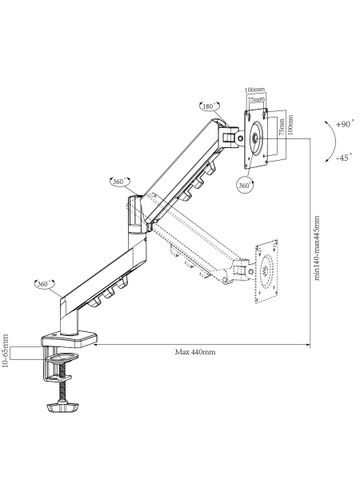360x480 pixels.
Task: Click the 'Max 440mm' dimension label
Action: pos(195,352)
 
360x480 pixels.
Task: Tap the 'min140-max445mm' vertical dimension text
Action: pos(317,248)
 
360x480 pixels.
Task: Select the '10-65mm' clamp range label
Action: pos(6,350)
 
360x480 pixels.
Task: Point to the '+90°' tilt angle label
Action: pos(346,124)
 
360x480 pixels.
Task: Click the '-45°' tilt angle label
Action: pos(344,158)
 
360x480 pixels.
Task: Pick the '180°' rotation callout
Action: pos(210,106)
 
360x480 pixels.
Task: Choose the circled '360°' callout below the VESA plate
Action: pos(246,186)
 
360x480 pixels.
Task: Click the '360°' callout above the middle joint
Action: pos(120,182)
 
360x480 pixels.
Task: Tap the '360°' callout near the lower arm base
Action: pos(44,284)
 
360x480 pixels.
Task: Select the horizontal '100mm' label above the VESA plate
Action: pos(254,90)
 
